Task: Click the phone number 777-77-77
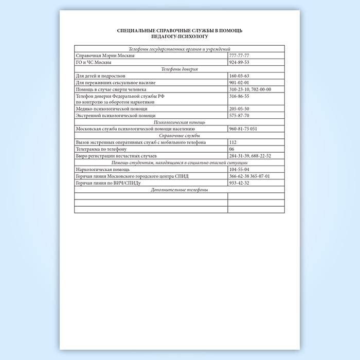[239, 55]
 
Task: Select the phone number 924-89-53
[239, 62]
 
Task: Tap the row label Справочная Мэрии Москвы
[105, 55]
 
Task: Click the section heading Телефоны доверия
[179, 68]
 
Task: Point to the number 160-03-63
[239, 76]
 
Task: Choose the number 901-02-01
[239, 82]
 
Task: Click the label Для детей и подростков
[100, 76]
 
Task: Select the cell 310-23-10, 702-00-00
[250, 89]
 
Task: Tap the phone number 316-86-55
[239, 96]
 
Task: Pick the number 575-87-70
[239, 116]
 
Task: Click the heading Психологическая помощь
[179, 122]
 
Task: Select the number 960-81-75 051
[243, 129]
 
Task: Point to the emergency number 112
[233, 142]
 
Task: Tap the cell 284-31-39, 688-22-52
[250, 155]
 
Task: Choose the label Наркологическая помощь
[103, 169]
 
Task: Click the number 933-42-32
[239, 183]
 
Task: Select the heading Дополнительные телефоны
[179, 189]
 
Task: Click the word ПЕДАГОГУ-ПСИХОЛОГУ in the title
[179, 37]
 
